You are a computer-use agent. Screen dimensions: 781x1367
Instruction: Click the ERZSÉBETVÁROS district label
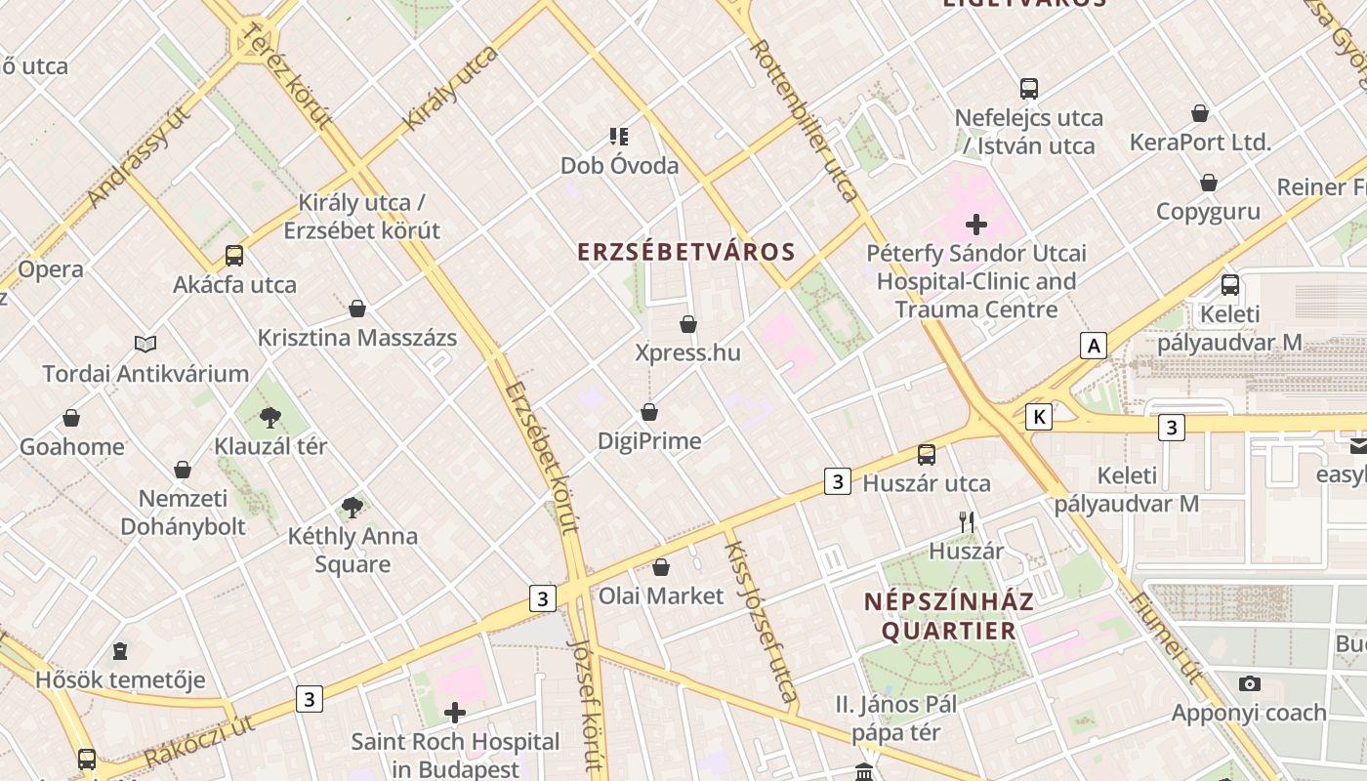tap(686, 252)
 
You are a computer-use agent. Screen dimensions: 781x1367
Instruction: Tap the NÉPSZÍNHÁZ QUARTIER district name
tap(948, 616)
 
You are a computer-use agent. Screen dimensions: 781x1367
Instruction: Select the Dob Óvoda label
tap(619, 166)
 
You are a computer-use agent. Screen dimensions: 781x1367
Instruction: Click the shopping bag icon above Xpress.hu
tap(688, 324)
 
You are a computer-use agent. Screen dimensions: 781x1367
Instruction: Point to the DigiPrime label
tap(649, 441)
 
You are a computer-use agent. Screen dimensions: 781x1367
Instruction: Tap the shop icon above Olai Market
tap(661, 567)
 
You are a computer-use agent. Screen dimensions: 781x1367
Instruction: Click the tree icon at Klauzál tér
tap(270, 418)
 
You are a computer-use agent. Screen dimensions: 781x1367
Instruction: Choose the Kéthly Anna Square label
tap(352, 551)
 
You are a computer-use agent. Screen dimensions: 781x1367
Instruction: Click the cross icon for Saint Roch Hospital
tap(455, 713)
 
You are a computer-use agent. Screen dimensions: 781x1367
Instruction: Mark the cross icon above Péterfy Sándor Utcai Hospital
tap(975, 225)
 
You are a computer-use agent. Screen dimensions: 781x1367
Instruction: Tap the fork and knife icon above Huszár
tap(967, 522)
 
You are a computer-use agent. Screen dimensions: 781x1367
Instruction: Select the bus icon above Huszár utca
tap(926, 454)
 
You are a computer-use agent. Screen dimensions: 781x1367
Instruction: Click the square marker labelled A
tap(1094, 345)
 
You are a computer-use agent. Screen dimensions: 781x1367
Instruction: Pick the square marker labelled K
tap(1039, 418)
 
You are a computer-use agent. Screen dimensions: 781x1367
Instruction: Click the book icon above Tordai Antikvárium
tap(145, 344)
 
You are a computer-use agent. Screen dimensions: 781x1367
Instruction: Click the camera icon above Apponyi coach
tap(1249, 683)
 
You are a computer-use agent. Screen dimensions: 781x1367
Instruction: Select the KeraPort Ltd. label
tap(1200, 143)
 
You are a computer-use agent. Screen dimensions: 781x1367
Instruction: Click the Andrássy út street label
tap(138, 157)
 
